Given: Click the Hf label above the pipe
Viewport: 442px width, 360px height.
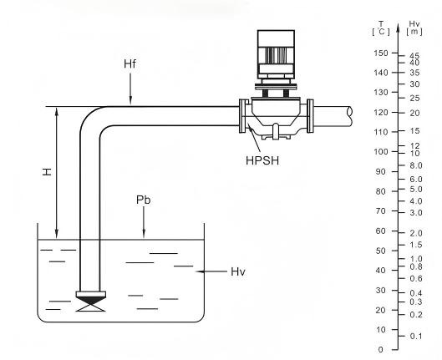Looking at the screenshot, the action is (130, 64).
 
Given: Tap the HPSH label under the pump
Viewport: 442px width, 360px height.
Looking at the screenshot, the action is (262, 160).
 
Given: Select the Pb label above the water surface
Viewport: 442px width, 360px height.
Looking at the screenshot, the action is (143, 200).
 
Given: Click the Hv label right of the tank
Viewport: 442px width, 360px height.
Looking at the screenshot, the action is (238, 271).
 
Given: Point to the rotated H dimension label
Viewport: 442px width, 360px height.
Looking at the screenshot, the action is (48, 172).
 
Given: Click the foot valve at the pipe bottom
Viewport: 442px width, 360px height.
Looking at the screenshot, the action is (91, 302).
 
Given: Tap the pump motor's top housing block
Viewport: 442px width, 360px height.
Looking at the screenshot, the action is (276, 38).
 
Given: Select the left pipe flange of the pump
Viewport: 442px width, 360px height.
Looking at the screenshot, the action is (242, 116).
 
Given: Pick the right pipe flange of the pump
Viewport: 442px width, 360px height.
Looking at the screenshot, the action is (310, 116).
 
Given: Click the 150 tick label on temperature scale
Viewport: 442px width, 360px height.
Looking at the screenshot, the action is (381, 53).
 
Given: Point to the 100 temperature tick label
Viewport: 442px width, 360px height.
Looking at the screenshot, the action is (381, 151).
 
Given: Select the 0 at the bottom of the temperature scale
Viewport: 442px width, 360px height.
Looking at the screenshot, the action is (381, 350).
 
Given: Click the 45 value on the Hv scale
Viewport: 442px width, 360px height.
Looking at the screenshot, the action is (414, 56).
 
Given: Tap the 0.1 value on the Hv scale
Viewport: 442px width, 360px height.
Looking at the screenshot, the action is (416, 336).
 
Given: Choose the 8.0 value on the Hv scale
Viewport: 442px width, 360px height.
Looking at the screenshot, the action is (416, 165).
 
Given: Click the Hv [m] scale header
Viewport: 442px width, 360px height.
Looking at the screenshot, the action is (414, 28).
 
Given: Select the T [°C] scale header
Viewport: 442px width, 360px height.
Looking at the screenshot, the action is (381, 28).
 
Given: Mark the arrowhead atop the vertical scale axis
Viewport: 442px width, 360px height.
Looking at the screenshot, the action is (398, 28).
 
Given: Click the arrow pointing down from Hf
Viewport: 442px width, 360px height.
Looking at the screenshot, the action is (130, 89).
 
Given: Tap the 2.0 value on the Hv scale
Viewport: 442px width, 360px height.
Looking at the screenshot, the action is (416, 233).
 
